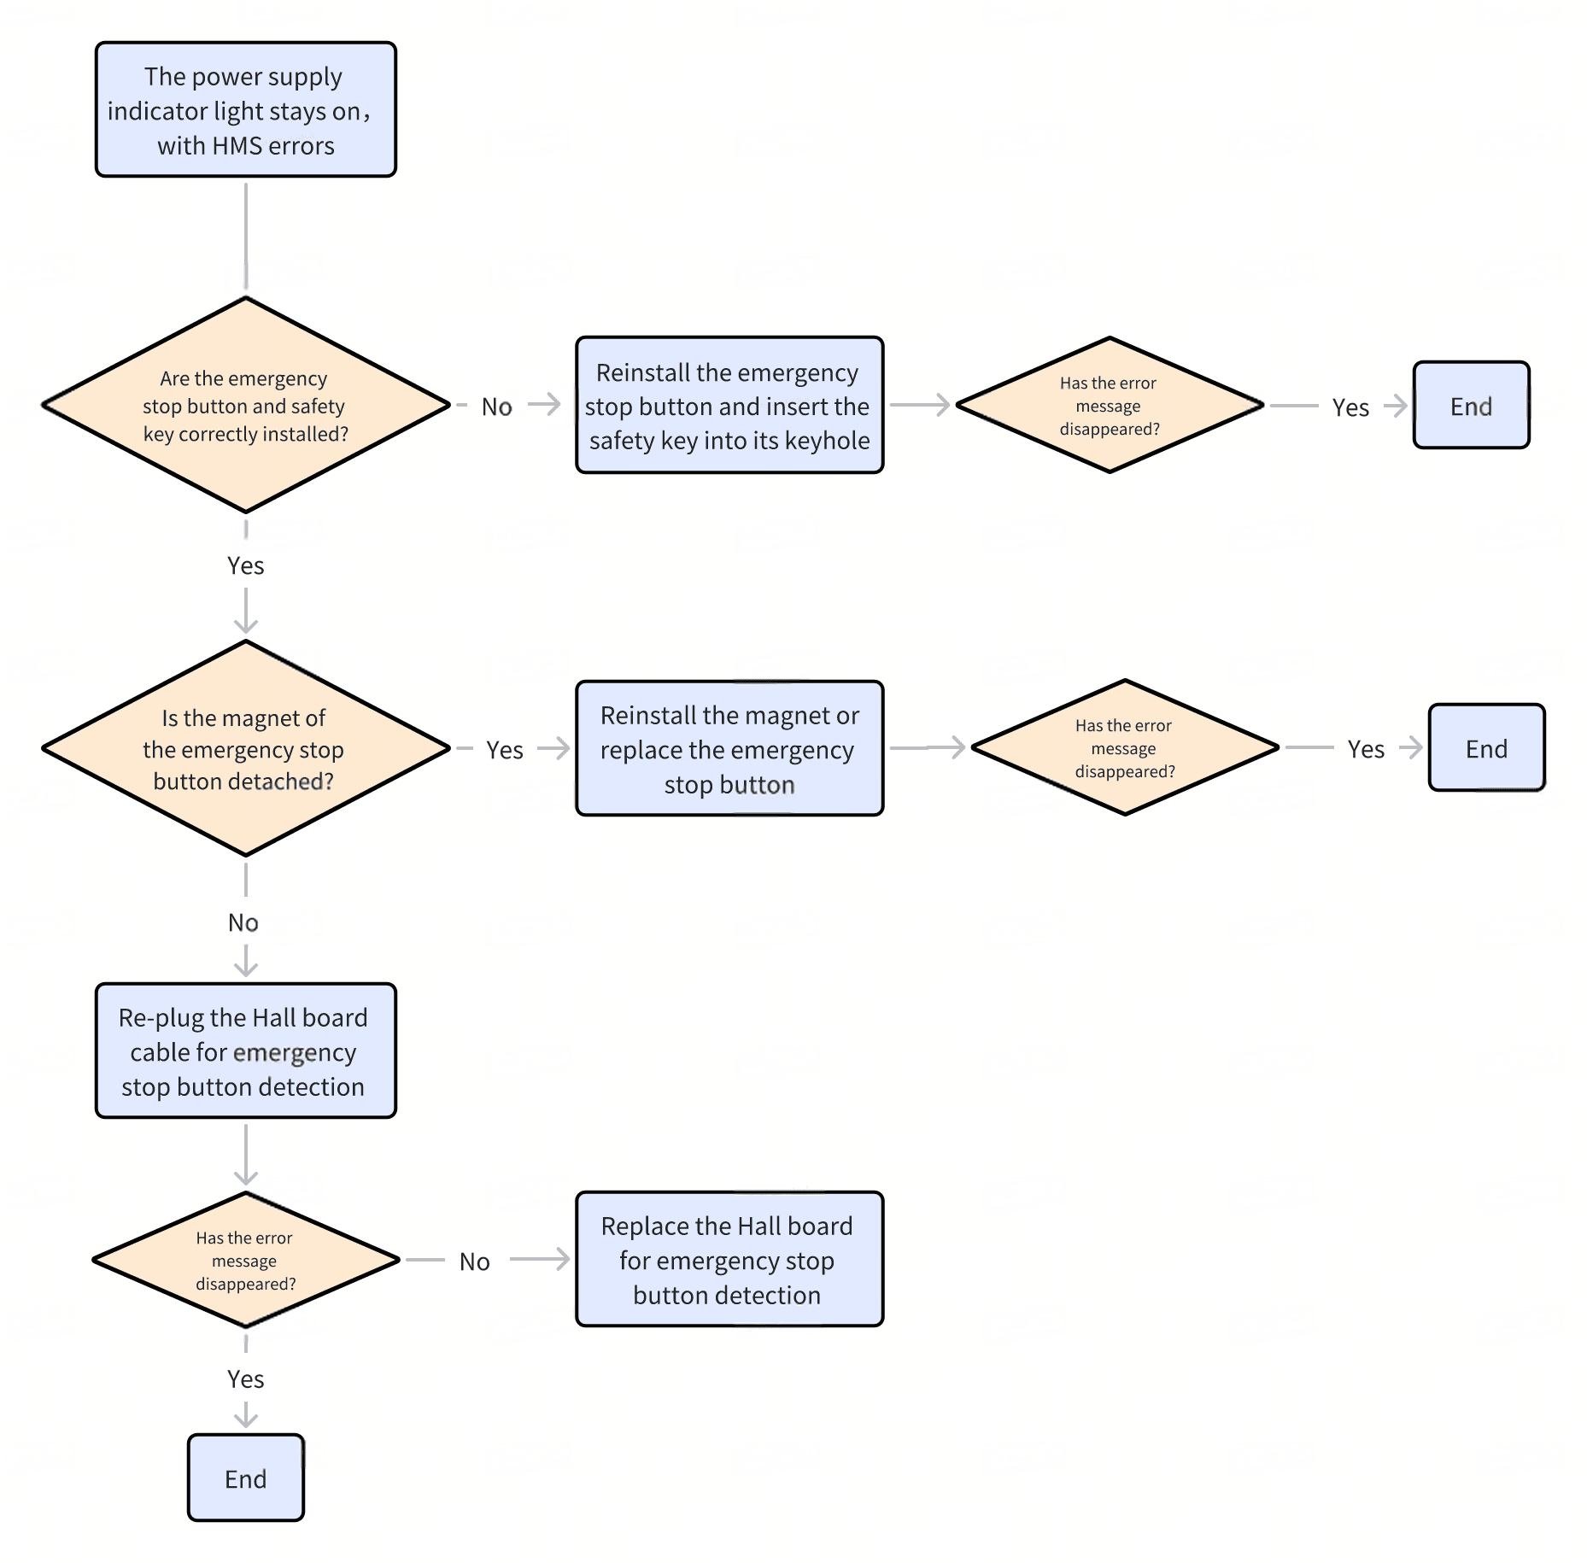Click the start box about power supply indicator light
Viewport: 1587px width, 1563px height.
tap(246, 109)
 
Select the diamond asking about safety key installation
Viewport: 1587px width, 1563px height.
tap(246, 405)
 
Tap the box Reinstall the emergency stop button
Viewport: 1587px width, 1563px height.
tap(729, 405)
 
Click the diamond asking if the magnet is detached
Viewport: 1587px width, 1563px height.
tap(246, 748)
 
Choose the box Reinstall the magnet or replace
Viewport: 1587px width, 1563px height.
tap(729, 748)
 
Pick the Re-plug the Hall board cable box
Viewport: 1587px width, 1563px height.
tap(246, 1051)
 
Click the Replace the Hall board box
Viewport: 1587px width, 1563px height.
tap(729, 1259)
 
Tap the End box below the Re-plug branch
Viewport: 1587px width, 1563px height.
tap(246, 1478)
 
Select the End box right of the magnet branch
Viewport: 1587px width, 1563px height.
tap(1487, 748)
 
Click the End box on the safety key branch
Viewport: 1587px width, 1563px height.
tap(1472, 405)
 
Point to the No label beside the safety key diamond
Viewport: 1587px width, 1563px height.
tap(497, 407)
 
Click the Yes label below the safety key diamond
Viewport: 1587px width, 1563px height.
tap(246, 565)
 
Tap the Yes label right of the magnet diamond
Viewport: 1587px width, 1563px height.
tap(505, 750)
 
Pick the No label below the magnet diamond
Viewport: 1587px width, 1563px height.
tap(243, 922)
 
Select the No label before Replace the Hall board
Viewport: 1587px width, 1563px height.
tap(475, 1262)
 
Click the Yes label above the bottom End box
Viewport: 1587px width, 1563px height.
tap(246, 1379)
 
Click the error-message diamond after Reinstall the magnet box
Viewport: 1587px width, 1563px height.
tap(1125, 747)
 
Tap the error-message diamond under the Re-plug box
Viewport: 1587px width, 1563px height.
tap(246, 1259)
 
